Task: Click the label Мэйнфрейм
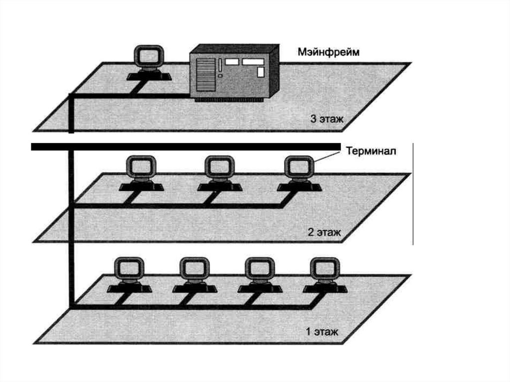pos(328,52)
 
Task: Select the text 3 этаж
pos(327,119)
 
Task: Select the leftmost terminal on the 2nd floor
pos(141,174)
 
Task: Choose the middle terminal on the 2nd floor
pos(220,174)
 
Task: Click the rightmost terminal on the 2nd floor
pos(299,174)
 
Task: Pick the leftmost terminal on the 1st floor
pos(128,275)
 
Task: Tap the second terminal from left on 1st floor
pos(194,275)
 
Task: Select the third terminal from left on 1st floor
pos(259,275)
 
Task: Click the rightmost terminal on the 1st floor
pos(324,275)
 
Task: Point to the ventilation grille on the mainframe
pos(204,75)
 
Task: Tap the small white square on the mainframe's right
pos(260,72)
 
